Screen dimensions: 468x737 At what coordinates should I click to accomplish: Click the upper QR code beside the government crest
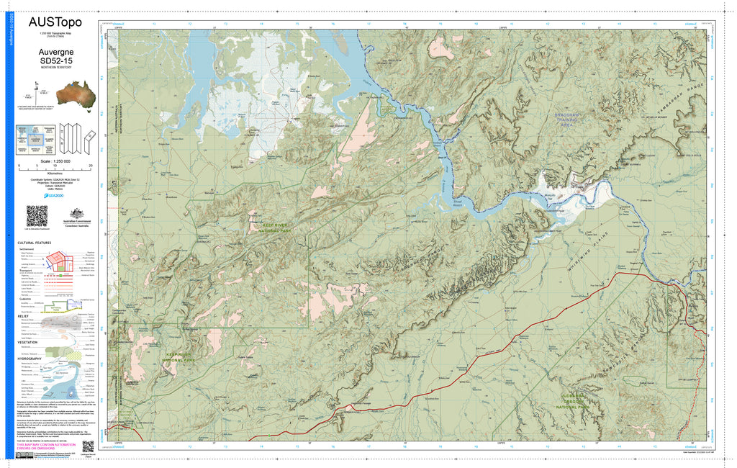[x=37, y=215]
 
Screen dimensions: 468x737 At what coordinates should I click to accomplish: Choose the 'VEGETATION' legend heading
[x=29, y=342]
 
